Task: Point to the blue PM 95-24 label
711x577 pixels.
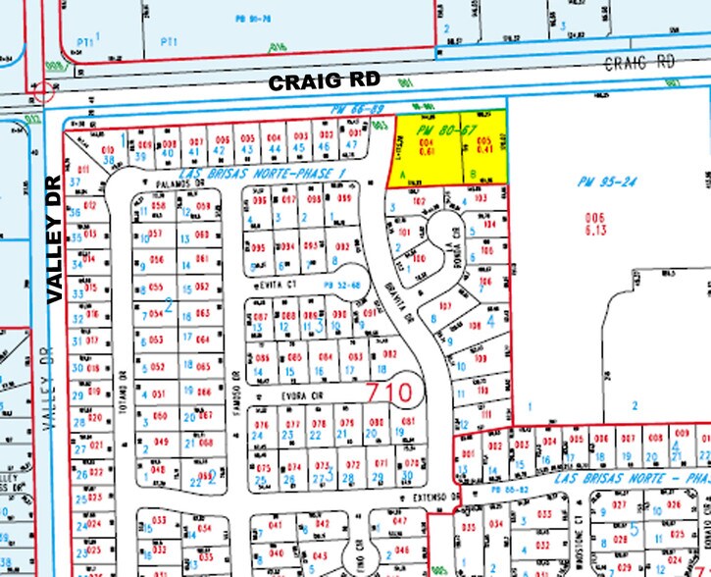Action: tap(601, 181)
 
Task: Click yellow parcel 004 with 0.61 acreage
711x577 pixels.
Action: tap(428, 148)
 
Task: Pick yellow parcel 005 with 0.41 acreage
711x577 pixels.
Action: tap(482, 148)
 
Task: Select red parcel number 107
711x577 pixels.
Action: tap(444, 306)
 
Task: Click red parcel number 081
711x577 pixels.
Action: tap(407, 422)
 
